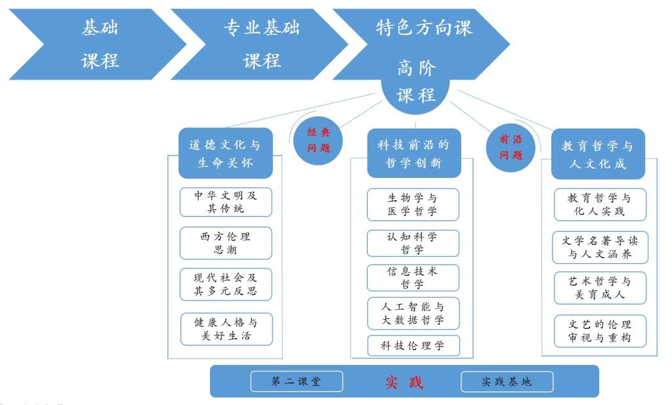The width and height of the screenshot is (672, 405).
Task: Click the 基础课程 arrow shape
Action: [98, 44]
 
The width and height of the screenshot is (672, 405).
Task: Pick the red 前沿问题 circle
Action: [511, 147]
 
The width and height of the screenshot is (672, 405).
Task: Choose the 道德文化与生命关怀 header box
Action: [225, 154]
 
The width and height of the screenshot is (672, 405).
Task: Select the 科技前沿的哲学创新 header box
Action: [413, 154]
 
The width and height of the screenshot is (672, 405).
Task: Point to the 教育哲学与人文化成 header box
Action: [597, 154]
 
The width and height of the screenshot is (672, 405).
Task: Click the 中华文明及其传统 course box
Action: [225, 202]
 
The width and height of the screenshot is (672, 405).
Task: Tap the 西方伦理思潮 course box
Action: [225, 243]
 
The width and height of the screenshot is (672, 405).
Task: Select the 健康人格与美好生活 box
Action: [226, 330]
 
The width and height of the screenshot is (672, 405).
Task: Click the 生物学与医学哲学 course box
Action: [413, 204]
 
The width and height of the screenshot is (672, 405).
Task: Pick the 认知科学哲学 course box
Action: [413, 243]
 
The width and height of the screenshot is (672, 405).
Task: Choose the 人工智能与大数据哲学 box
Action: [413, 313]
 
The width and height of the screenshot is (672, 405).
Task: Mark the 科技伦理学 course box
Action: [413, 345]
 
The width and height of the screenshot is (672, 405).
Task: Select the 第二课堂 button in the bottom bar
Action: [297, 381]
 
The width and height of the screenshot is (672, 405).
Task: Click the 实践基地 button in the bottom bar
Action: [507, 381]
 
